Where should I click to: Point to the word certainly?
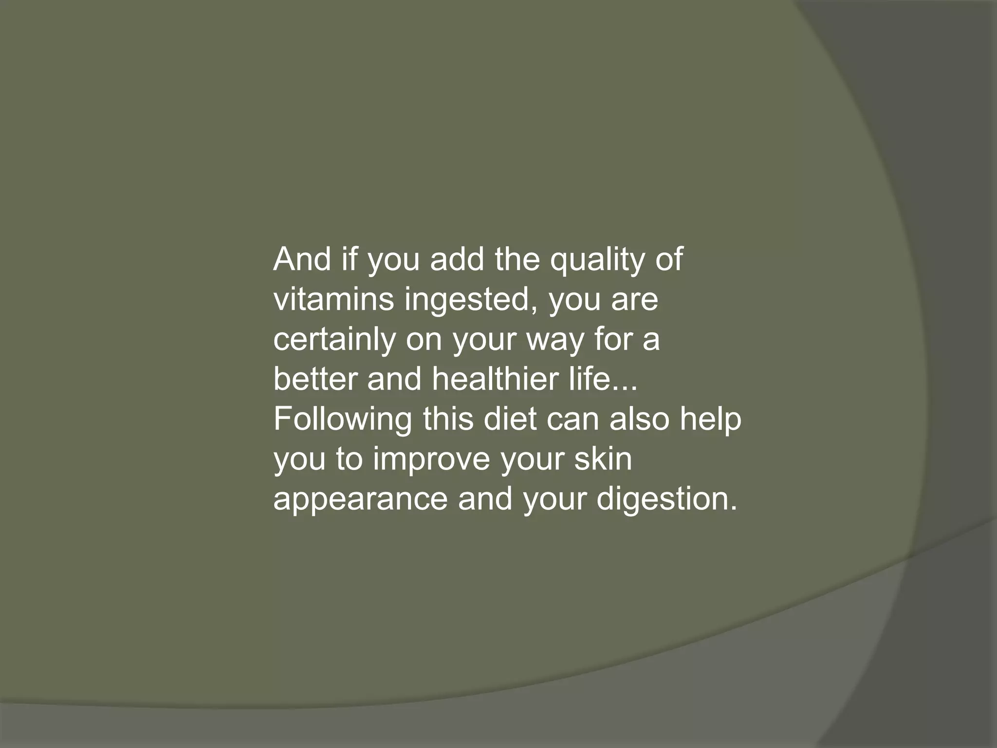[334, 340]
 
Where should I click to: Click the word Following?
[342, 420]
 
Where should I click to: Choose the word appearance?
[360, 500]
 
